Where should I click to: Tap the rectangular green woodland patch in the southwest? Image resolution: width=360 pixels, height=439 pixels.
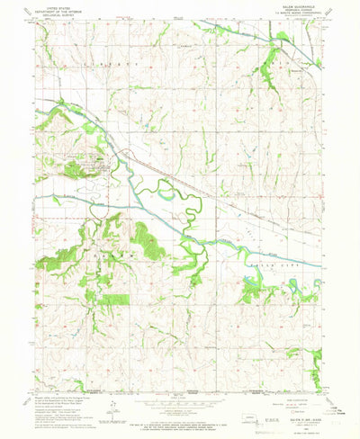click(x=114, y=298)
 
